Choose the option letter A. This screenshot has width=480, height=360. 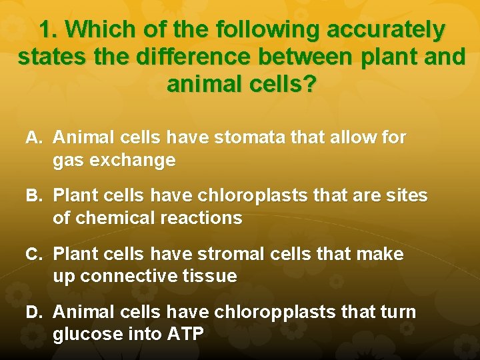click(34, 138)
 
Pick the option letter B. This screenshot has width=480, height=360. click(34, 196)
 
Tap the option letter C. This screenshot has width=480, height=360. click(34, 254)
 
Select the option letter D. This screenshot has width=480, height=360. click(34, 312)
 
